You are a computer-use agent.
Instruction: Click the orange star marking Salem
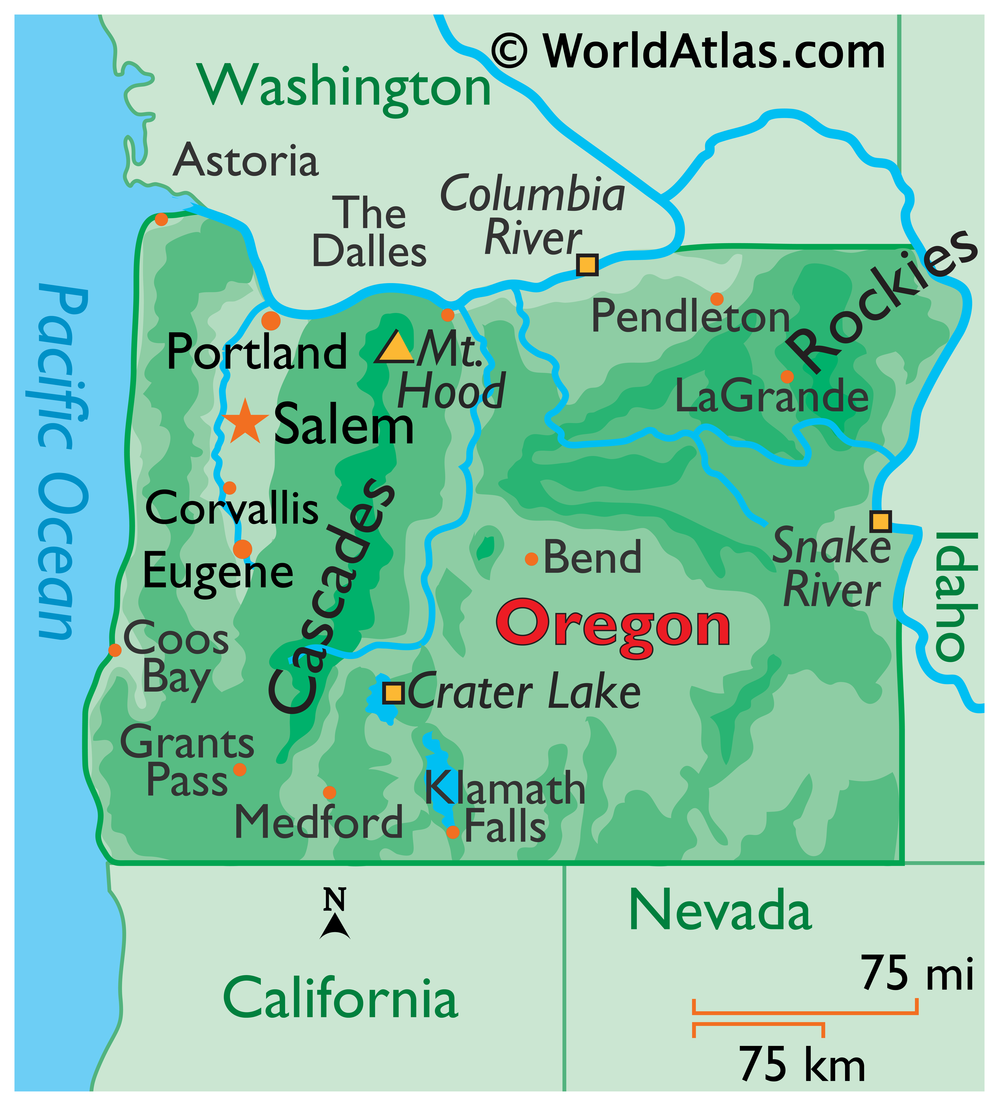245,422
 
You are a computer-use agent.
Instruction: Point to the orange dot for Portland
271,320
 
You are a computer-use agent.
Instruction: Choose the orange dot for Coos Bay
115,650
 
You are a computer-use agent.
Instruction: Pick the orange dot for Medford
329,792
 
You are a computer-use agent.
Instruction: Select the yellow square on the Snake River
880,520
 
